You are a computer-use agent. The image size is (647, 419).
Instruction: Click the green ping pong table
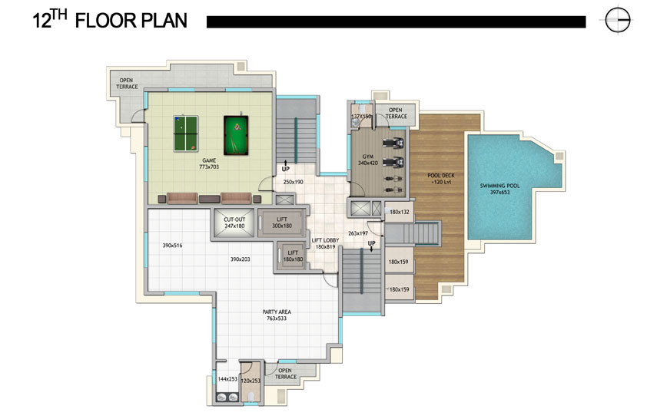click(186, 133)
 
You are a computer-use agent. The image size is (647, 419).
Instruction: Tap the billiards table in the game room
click(236, 136)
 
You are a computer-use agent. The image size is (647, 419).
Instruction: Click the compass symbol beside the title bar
click(618, 20)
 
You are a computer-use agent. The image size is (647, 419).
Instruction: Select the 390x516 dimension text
click(172, 246)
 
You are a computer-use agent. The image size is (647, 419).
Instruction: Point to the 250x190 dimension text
click(293, 182)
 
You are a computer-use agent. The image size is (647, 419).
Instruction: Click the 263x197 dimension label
click(358, 233)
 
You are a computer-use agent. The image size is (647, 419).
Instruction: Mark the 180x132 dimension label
click(400, 212)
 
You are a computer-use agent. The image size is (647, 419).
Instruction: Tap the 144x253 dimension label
click(227, 378)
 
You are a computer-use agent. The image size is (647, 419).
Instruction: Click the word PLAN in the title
click(163, 21)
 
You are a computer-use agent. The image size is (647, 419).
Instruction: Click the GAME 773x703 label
click(209, 163)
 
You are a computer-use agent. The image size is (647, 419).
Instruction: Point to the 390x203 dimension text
click(241, 259)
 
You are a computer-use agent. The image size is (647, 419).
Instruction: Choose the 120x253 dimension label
click(251, 381)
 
